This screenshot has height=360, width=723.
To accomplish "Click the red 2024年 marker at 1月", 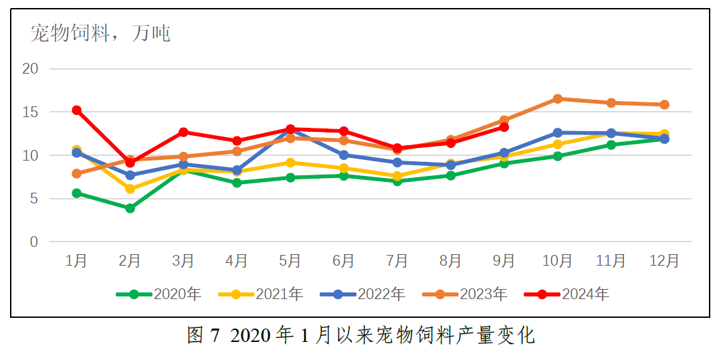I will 77,110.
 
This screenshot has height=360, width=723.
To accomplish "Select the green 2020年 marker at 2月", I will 130,208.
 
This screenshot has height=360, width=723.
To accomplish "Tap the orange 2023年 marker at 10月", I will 557,99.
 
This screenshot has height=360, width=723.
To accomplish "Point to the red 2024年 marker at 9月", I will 504,127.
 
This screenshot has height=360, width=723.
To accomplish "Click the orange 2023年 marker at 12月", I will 664,104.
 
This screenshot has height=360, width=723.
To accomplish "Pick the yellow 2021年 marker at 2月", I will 130,189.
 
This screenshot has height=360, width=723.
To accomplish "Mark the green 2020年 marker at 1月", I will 77,193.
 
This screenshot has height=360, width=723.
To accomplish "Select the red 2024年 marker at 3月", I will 183,132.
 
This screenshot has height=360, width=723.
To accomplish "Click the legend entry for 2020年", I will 159,294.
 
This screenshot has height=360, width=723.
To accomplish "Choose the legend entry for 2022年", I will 363,294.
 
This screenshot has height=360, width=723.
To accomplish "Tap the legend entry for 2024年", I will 566,294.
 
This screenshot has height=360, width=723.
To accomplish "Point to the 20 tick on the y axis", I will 30,68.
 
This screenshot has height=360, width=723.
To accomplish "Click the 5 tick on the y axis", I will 34,199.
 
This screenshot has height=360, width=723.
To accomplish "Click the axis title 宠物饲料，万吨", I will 100,32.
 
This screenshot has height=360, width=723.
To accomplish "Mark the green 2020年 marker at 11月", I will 611,145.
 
